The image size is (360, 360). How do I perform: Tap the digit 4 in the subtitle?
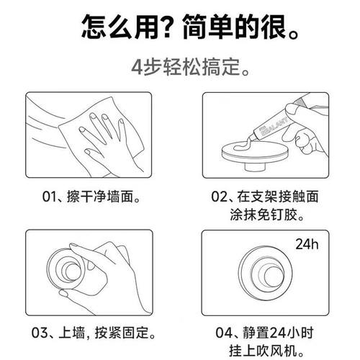(x=137, y=71)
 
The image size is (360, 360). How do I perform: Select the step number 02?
(x=219, y=196)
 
